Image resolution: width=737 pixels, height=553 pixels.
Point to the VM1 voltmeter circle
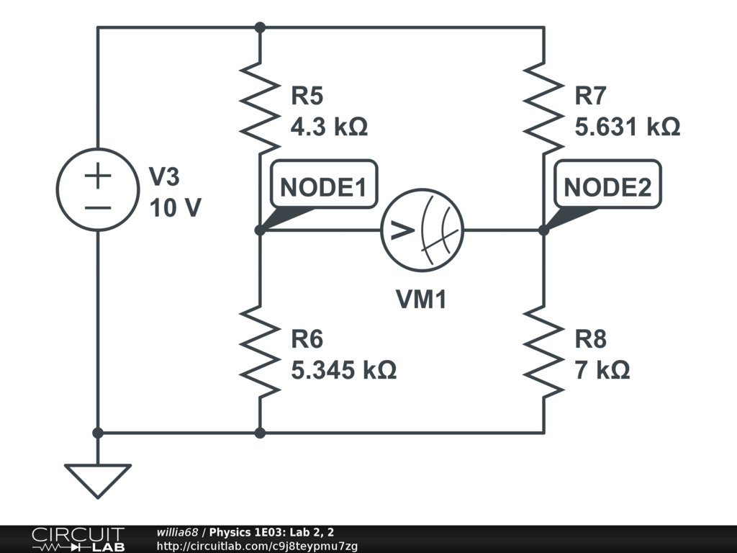pos(422,230)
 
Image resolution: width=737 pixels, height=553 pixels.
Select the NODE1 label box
pos(323,187)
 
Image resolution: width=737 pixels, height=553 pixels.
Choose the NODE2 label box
pos(607,187)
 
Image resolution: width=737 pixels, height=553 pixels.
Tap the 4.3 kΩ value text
pos(329,127)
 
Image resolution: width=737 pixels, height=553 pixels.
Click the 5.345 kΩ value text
pos(343,370)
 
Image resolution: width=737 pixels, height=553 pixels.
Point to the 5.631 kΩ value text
pos(628,127)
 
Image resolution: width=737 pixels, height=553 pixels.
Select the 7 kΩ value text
pos(602,370)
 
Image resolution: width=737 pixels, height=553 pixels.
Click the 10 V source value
pos(175,208)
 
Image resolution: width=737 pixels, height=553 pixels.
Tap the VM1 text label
pos(422,299)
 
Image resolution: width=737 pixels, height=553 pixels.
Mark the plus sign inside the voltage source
pos(99,176)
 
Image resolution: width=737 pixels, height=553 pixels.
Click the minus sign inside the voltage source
pos(99,207)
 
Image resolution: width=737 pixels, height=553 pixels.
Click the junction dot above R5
pos(260,27)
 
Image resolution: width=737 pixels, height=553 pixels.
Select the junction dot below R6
pos(260,433)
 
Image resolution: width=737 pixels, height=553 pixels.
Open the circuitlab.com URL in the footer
pos(257,546)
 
